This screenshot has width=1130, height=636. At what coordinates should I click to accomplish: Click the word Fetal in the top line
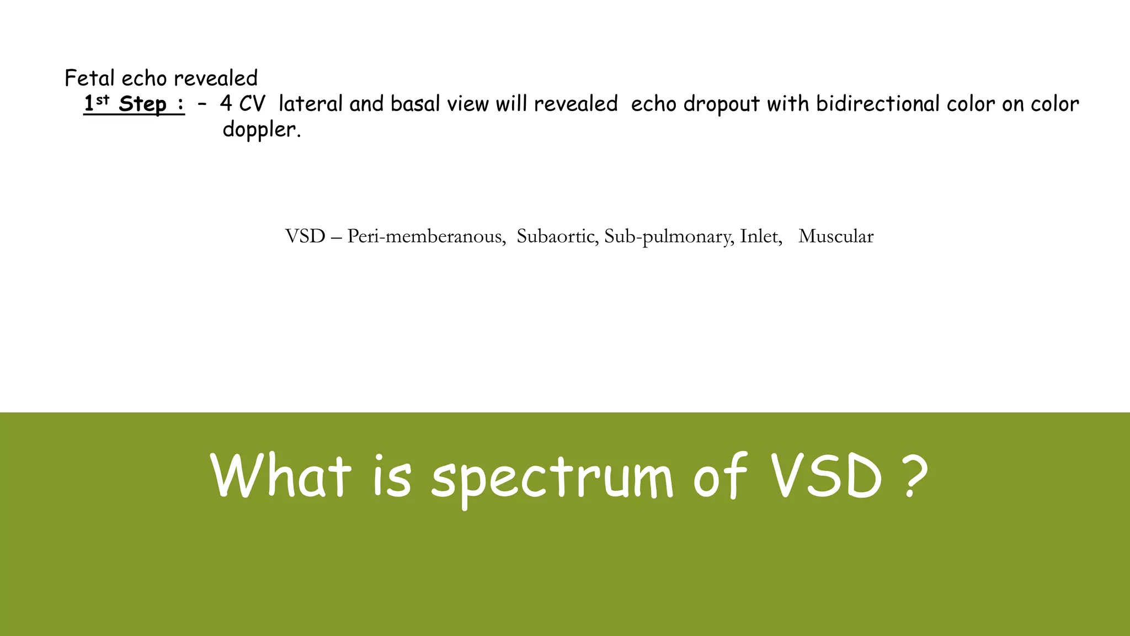click(x=89, y=78)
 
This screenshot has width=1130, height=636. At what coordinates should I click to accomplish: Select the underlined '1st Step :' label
click(x=134, y=104)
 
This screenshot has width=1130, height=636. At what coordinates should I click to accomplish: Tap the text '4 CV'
click(x=242, y=104)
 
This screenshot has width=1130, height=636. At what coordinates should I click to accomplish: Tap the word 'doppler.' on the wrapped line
click(x=262, y=130)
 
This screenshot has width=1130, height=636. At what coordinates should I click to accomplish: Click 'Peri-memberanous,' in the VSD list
click(x=426, y=236)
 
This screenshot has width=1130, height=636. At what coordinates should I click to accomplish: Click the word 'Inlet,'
click(x=761, y=236)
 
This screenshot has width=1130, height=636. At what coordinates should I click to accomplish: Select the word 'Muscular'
click(x=835, y=236)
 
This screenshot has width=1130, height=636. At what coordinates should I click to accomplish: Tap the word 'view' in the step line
click(x=467, y=104)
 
